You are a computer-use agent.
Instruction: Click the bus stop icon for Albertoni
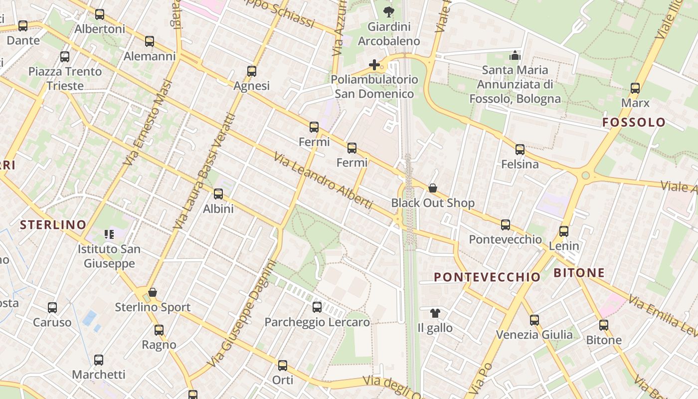tap(100, 14)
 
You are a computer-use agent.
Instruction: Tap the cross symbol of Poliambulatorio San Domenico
tap(374, 65)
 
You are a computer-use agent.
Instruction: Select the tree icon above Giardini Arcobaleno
tap(388, 11)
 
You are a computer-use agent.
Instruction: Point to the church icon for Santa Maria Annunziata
tap(515, 55)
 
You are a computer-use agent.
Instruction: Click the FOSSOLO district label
tap(634, 122)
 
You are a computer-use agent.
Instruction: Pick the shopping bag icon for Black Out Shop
tap(433, 188)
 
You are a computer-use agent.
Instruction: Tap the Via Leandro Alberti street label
tap(323, 181)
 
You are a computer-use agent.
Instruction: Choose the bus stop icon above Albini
tap(218, 194)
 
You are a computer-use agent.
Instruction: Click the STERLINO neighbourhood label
tap(53, 225)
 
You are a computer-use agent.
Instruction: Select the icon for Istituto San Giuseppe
tap(109, 234)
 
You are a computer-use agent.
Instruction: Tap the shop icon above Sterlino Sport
tap(153, 292)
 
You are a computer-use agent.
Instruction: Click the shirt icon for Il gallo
tap(435, 313)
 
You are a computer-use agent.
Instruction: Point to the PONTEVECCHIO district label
tap(487, 277)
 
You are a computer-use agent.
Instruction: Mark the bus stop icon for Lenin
tap(564, 231)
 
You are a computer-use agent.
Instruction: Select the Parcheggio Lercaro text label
tap(317, 322)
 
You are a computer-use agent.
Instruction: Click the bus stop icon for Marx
tap(635, 88)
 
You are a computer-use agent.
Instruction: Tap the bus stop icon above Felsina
tap(520, 150)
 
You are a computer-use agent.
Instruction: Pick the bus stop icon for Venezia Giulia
tap(534, 320)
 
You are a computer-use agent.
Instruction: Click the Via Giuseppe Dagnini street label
tap(242, 314)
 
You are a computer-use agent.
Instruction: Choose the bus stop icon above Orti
tap(283, 366)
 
